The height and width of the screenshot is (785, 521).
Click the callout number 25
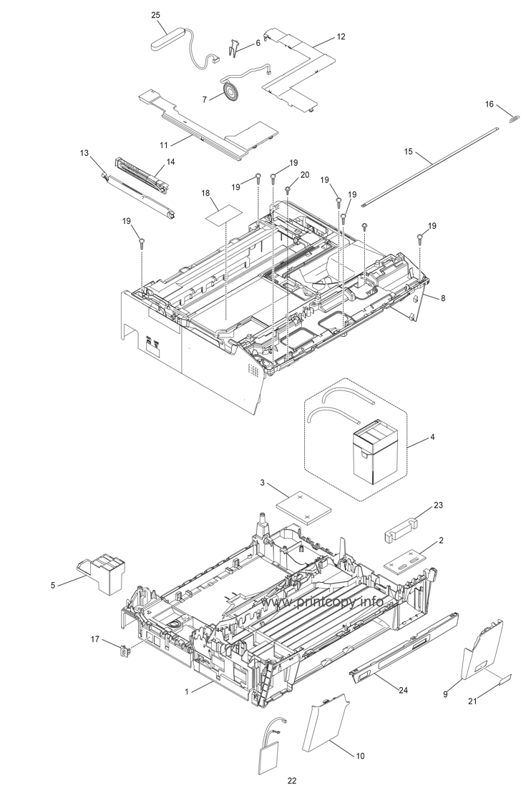[156, 15]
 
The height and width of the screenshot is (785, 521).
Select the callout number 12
[340, 36]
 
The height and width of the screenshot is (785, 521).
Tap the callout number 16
[490, 104]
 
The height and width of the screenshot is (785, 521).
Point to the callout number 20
[304, 174]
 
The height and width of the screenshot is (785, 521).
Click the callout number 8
[442, 297]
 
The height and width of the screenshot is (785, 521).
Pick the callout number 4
[432, 436]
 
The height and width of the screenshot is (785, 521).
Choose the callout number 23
[438, 505]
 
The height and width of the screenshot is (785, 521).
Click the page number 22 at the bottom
[291, 780]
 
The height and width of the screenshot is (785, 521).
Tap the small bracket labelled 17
[122, 650]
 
